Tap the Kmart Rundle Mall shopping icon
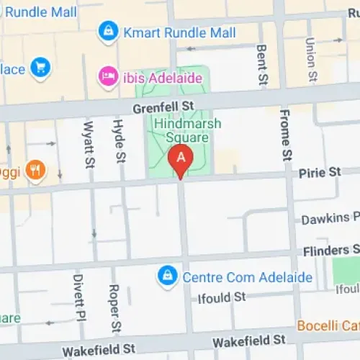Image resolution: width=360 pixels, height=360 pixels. [108, 31]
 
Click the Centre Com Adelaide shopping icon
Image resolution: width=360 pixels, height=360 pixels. [168, 276]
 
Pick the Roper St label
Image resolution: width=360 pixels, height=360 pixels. [113, 307]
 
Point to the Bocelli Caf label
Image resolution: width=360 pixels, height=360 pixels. [328, 325]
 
